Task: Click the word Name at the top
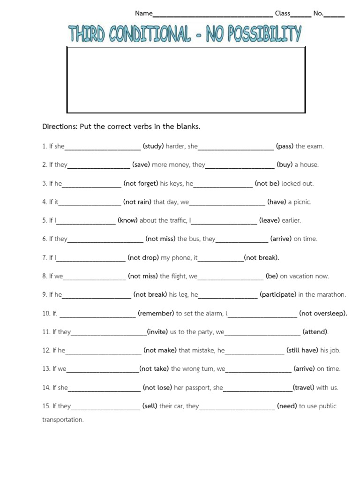[144, 14]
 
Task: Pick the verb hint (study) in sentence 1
[153, 146]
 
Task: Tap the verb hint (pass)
[285, 146]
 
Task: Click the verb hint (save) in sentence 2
[141, 165]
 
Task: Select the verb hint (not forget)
[141, 184]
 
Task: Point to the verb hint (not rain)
[137, 202]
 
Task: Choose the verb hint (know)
[128, 220]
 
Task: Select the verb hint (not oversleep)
[323, 314]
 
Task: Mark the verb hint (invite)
[157, 332]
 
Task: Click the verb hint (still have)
[302, 351]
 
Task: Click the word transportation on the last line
[63, 420]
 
